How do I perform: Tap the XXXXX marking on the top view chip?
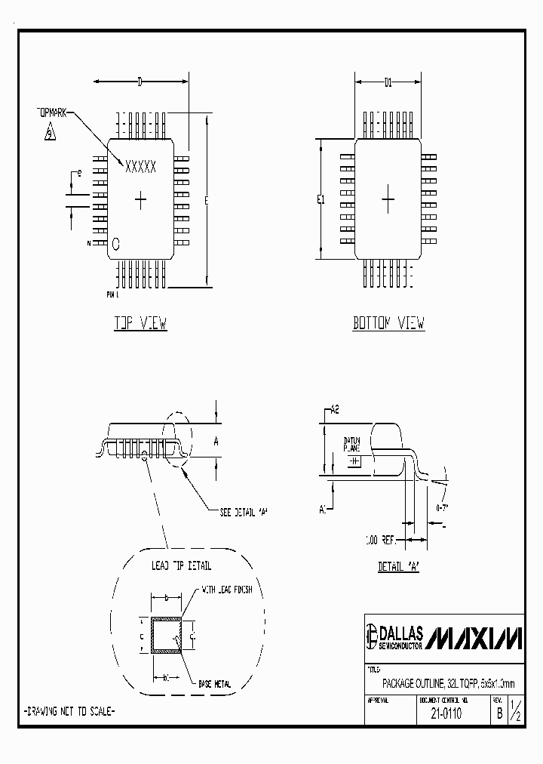pos(140,166)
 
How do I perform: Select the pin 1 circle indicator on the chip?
pos(116,243)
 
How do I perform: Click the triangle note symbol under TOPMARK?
pos(50,133)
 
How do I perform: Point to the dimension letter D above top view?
pos(140,83)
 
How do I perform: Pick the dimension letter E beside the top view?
pos(206,200)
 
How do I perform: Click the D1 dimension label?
pos(388,83)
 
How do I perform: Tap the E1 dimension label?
pos(321,200)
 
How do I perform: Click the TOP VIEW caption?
pos(140,324)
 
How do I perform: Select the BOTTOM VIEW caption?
pos(388,324)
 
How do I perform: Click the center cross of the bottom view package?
pos(388,200)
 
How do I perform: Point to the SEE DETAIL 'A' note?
pos(244,511)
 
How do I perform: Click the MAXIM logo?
pos(474,639)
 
